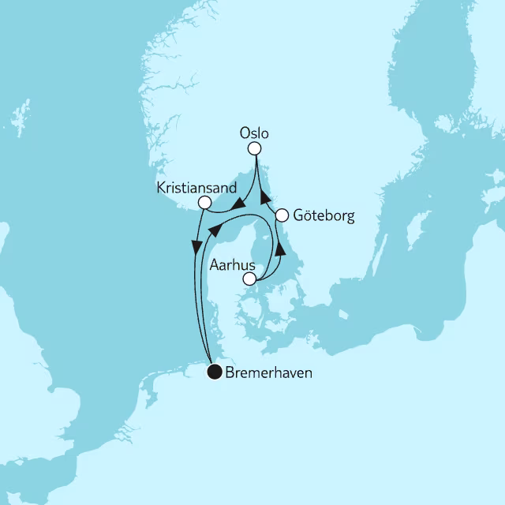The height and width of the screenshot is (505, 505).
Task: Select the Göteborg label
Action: click(x=323, y=214)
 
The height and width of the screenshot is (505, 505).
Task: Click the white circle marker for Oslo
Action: click(x=254, y=148)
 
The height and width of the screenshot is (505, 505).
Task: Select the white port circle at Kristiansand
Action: click(x=204, y=203)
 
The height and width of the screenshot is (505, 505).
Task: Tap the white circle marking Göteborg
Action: click(x=281, y=214)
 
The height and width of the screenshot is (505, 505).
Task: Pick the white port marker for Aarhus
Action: click(x=249, y=279)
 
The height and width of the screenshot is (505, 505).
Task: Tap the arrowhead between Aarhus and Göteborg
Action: click(x=280, y=248)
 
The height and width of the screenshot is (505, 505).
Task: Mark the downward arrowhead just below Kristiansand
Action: click(x=195, y=246)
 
